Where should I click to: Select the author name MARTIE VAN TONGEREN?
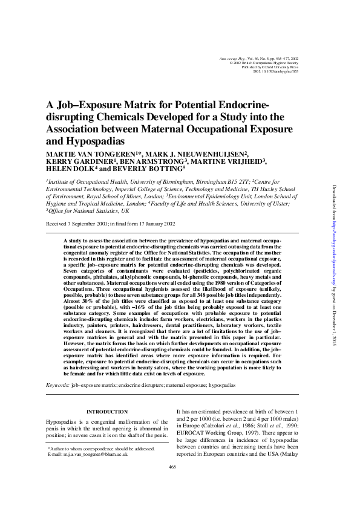point(91,154)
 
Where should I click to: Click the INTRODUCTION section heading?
point(106,412)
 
